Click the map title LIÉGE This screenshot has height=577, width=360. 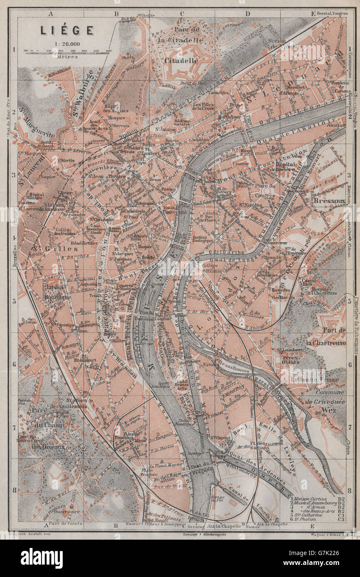click(66, 30)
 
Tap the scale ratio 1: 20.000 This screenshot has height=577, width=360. click(66, 43)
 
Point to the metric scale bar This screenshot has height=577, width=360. click(68, 51)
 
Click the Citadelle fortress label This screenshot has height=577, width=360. click(182, 60)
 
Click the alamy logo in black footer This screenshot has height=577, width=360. click(42, 558)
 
